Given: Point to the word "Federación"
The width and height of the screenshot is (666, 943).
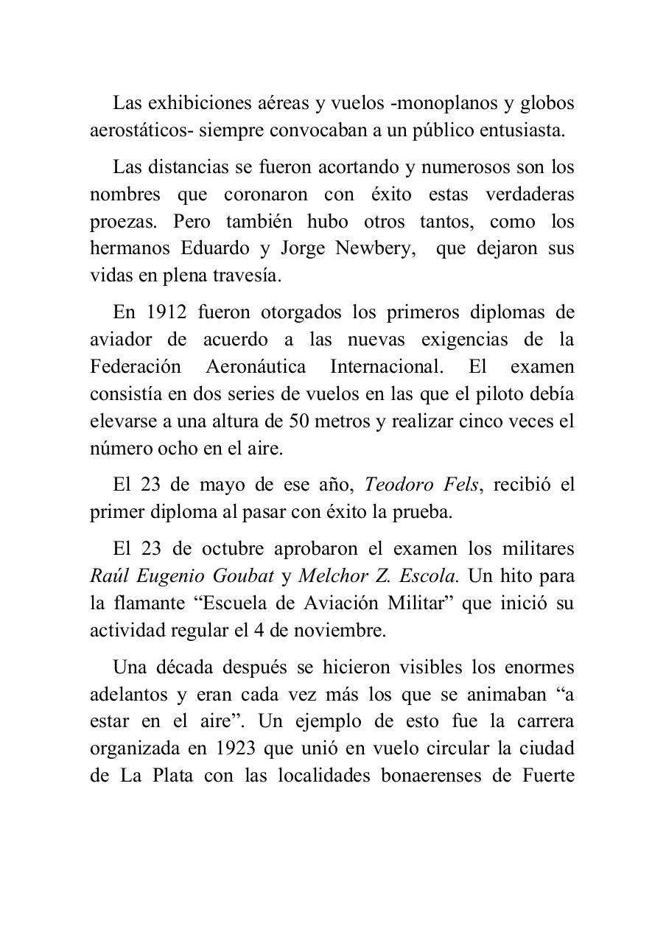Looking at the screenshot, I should click(x=135, y=367).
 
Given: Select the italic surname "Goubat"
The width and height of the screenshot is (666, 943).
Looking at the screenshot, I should click(x=244, y=577).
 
